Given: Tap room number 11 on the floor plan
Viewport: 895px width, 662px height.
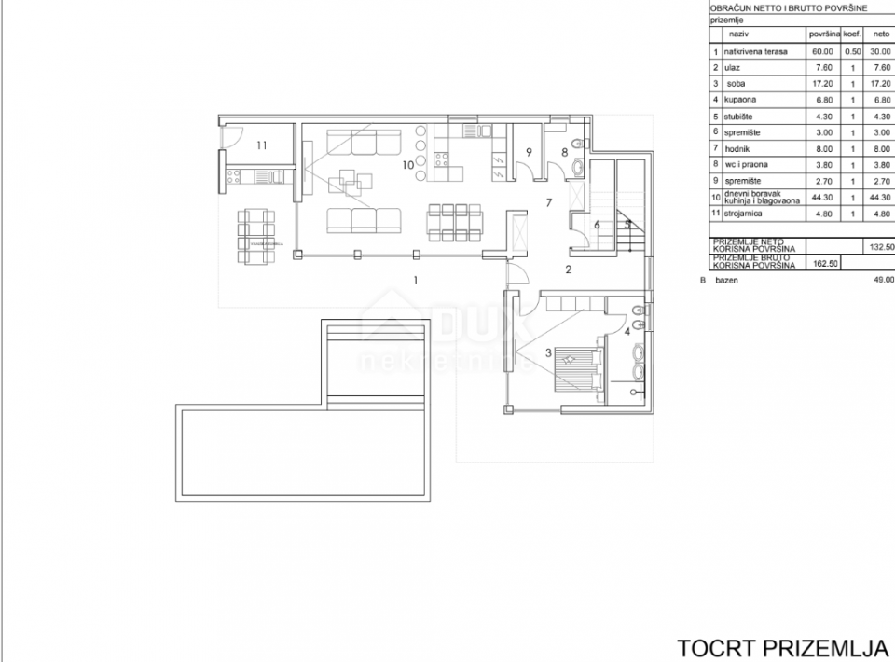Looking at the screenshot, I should (x=262, y=145).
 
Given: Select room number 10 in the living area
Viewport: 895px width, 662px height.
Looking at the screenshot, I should (x=407, y=165).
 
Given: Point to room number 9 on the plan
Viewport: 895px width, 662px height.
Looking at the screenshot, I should (x=528, y=152).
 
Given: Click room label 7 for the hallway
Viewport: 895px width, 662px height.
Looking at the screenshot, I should (x=550, y=202).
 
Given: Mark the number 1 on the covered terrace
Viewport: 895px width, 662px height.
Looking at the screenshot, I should (x=416, y=278).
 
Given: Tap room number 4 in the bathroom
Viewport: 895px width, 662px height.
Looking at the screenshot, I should (x=627, y=330).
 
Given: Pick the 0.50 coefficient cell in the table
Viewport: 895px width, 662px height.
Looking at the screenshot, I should (x=851, y=51).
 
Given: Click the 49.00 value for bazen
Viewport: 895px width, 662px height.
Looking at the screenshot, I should (x=881, y=279).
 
